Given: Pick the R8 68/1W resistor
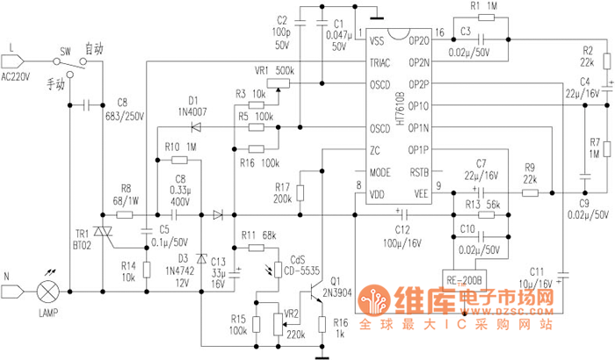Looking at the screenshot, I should click(124, 214).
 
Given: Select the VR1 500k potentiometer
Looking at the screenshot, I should click(277, 84).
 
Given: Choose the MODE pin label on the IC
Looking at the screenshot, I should click(380, 172).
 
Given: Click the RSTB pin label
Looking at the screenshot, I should click(420, 172).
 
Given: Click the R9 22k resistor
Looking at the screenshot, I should click(530, 191).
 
